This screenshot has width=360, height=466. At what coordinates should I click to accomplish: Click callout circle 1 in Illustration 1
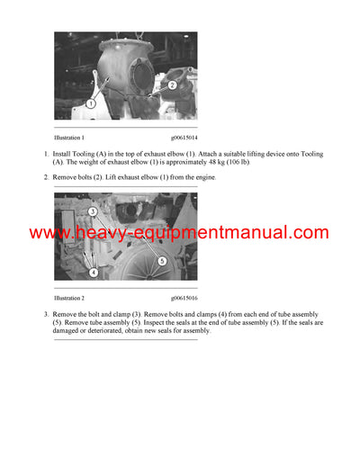click(x=92, y=104)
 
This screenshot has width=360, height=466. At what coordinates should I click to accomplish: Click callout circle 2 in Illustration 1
click(x=172, y=85)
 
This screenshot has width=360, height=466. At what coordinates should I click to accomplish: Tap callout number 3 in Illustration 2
click(x=93, y=211)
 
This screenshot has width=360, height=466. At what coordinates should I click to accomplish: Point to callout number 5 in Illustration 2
click(x=162, y=260)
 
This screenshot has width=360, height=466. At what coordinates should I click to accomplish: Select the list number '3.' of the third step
click(x=46, y=314)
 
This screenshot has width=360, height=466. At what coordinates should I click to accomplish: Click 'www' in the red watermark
click(x=47, y=233)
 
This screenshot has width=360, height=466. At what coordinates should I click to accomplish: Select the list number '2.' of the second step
click(x=46, y=177)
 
